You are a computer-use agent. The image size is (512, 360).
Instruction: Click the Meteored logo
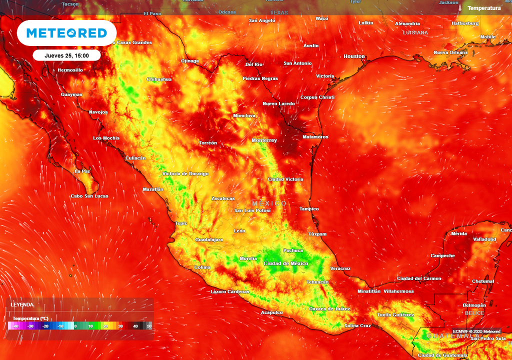(x=66, y=33)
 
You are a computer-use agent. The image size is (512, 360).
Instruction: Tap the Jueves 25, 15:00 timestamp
(x=66, y=55)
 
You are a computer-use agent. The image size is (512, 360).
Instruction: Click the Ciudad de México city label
(x=286, y=263)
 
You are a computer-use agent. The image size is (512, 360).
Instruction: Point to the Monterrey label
(x=264, y=140)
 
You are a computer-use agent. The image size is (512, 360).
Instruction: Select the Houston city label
(x=354, y=56)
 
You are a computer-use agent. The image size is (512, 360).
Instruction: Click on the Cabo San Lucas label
(x=89, y=196)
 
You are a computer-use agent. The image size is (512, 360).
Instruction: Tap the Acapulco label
(x=272, y=312)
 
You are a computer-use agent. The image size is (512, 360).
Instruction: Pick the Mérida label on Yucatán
(x=459, y=233)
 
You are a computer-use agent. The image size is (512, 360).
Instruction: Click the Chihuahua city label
(x=159, y=79)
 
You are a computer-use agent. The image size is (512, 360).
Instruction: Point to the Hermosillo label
(x=70, y=70)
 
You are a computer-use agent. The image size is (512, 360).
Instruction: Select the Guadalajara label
(x=209, y=240)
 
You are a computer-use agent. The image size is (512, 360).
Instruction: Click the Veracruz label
(x=340, y=268)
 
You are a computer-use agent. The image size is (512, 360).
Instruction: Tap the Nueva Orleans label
(x=450, y=52)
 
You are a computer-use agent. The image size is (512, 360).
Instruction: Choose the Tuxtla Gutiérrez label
(x=395, y=315)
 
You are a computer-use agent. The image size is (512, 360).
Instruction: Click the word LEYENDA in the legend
(x=22, y=304)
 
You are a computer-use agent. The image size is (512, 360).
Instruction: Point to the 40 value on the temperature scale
(x=135, y=326)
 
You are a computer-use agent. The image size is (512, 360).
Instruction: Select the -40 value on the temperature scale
(x=15, y=326)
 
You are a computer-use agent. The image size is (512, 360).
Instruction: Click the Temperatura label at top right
(x=483, y=8)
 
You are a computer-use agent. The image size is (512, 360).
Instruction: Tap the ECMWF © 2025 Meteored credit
(x=476, y=331)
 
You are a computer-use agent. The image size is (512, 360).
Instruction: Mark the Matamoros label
(x=315, y=137)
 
